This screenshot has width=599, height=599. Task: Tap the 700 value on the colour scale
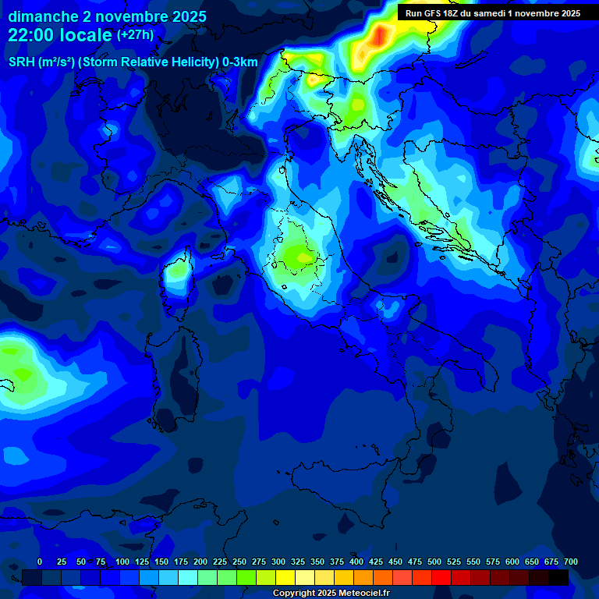(570, 562)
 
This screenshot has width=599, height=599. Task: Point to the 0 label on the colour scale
(40, 562)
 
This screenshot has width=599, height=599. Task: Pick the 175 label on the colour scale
(181, 562)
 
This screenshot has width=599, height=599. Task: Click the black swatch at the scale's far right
(558, 577)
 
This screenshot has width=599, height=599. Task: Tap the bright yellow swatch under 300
(285, 577)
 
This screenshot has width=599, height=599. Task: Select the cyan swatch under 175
(188, 577)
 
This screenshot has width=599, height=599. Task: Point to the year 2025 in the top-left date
(188, 16)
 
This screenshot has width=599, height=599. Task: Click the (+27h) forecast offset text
(135, 35)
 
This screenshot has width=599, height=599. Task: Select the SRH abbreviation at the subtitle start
(21, 62)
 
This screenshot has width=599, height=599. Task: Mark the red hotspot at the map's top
(381, 35)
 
